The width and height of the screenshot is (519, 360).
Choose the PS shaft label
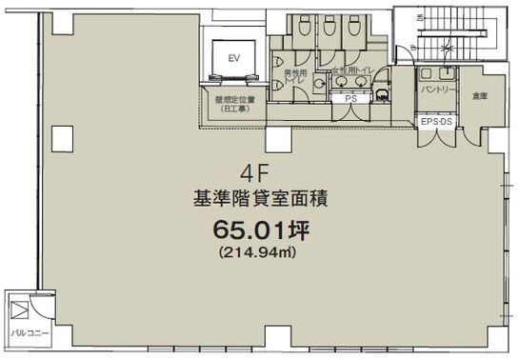click(x=350, y=98)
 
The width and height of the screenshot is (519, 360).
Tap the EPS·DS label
click(x=437, y=123)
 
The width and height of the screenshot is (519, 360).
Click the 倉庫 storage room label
click(x=478, y=96)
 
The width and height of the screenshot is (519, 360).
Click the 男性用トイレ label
click(x=290, y=78)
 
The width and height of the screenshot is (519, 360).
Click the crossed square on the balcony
click(x=19, y=308)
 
